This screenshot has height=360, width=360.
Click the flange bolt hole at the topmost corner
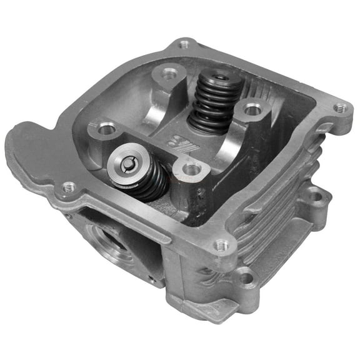click(x=184, y=44)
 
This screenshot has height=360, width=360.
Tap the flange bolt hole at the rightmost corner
click(x=339, y=107)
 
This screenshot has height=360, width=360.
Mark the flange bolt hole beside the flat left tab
click(x=69, y=186)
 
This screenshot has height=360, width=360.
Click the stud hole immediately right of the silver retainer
click(x=192, y=169)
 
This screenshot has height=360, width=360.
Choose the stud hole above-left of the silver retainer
click(x=107, y=129)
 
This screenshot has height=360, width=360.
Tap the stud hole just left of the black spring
click(x=170, y=73)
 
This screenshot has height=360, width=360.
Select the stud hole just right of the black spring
click(x=252, y=111)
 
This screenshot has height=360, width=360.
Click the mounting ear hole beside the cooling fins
click(x=317, y=197)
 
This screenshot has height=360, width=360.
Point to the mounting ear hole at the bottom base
click(x=246, y=278)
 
